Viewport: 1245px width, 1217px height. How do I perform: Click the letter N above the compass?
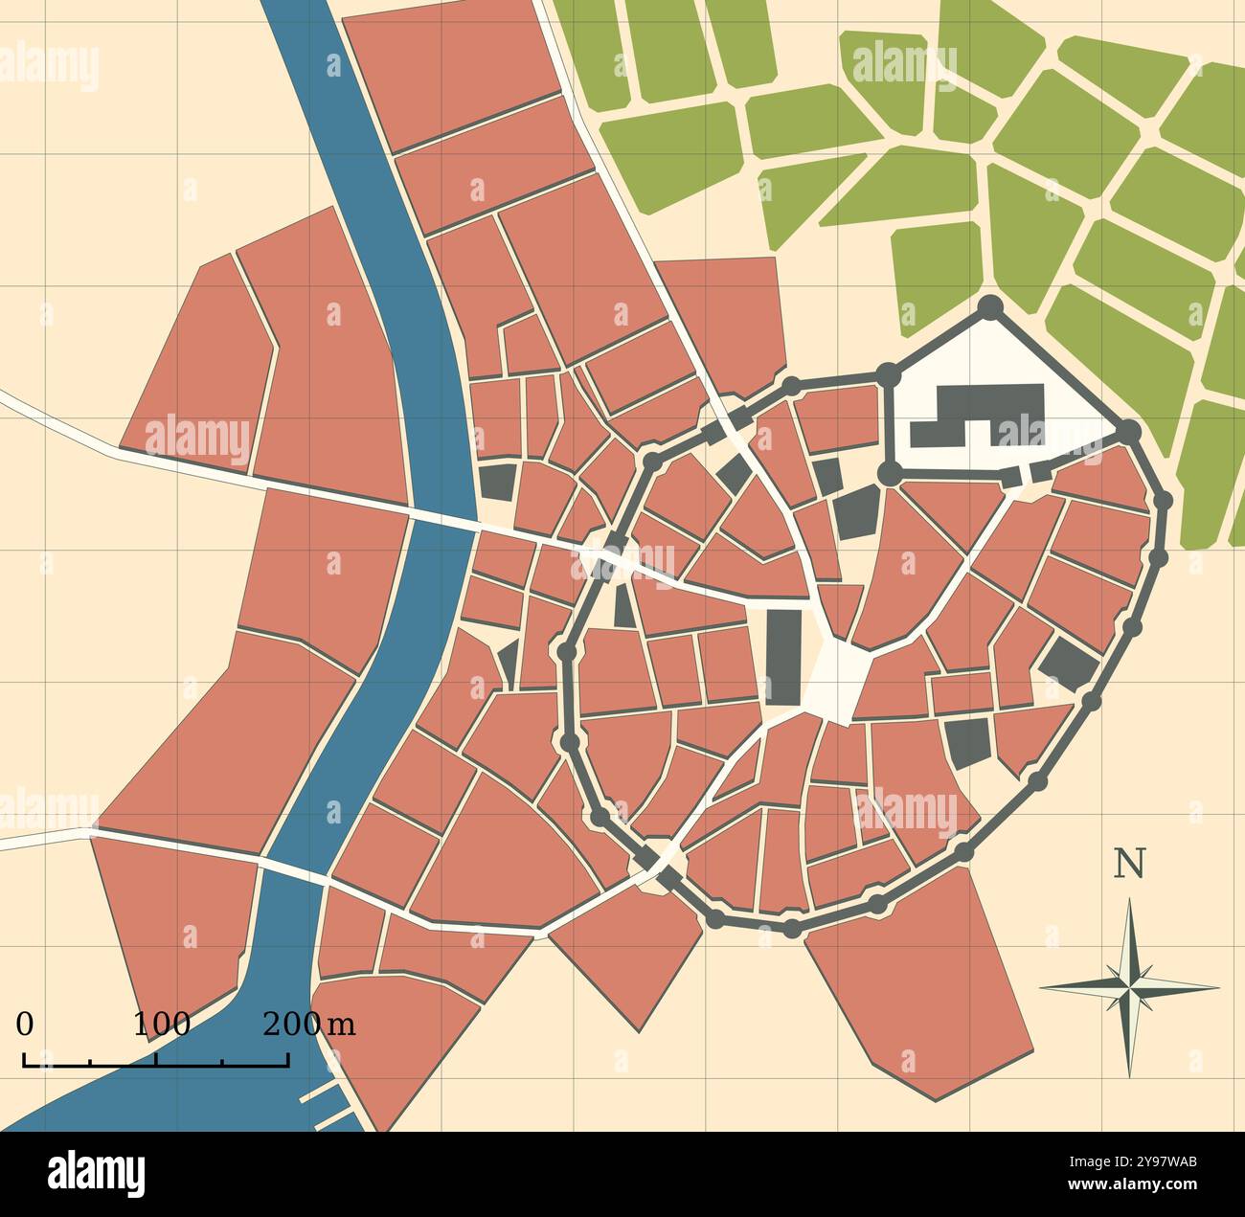(x=1129, y=864)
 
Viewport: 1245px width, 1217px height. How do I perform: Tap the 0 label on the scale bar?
(x=25, y=1024)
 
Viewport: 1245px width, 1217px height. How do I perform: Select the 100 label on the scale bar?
(x=160, y=1024)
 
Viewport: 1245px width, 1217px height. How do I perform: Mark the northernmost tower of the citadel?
(x=989, y=306)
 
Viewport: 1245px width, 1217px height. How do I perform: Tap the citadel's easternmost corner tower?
(x=1130, y=431)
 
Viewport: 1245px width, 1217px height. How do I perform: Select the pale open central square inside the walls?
(x=836, y=679)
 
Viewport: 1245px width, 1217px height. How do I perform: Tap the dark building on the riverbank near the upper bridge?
(x=496, y=482)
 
